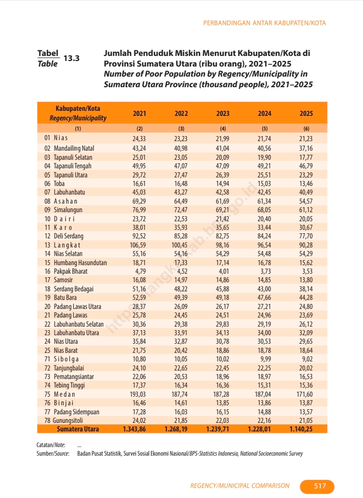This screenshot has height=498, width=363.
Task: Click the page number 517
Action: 320,486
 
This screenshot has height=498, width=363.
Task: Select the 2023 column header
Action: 223,114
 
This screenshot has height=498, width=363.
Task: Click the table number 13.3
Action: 72,58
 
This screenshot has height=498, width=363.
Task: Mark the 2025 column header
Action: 306,114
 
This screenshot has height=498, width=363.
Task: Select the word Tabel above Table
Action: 48,53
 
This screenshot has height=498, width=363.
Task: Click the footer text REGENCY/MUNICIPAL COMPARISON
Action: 239,486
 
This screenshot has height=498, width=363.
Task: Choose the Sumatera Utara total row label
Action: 78,429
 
